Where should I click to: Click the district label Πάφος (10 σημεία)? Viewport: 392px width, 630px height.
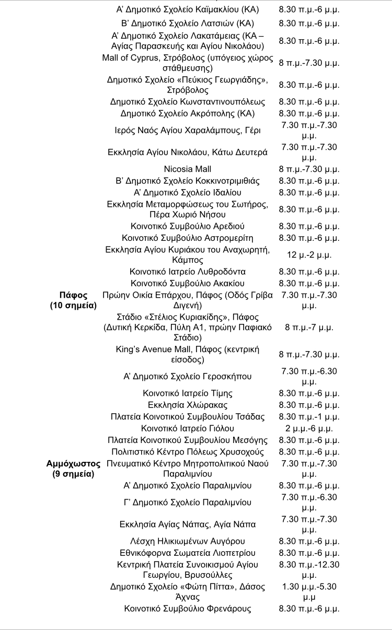[73, 300]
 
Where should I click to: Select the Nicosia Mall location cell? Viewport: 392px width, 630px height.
[188, 169]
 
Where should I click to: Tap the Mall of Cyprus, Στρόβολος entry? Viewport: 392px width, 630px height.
[188, 63]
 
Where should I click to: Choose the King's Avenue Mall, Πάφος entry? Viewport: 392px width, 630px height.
[188, 355]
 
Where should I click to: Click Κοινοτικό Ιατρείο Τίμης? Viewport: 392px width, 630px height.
[188, 393]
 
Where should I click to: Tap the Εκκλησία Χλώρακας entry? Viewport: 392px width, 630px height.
[188, 405]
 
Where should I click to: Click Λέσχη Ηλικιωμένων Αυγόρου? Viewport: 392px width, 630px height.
[188, 541]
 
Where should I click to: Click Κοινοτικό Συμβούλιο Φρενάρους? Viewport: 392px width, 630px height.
[188, 609]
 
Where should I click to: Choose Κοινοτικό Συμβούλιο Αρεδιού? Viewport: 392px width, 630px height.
[188, 226]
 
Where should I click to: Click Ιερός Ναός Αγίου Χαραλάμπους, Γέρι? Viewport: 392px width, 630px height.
[188, 130]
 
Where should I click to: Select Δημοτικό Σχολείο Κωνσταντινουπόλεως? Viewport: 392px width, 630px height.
[188, 102]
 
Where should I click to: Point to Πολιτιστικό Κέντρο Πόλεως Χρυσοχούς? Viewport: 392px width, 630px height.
[188, 452]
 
